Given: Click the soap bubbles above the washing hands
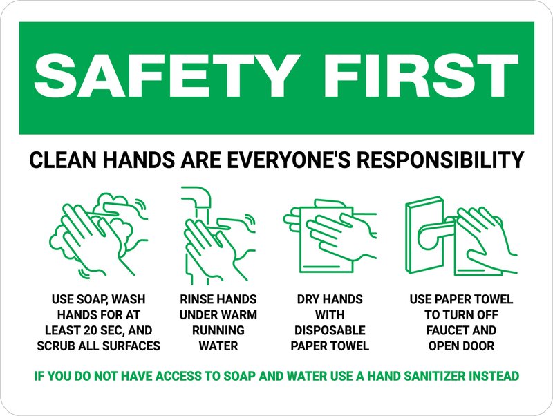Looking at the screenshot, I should pyautogui.click(x=121, y=207).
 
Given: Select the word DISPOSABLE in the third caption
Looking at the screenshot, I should pyautogui.click(x=330, y=330).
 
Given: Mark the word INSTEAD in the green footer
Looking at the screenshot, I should pyautogui.click(x=493, y=377).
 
